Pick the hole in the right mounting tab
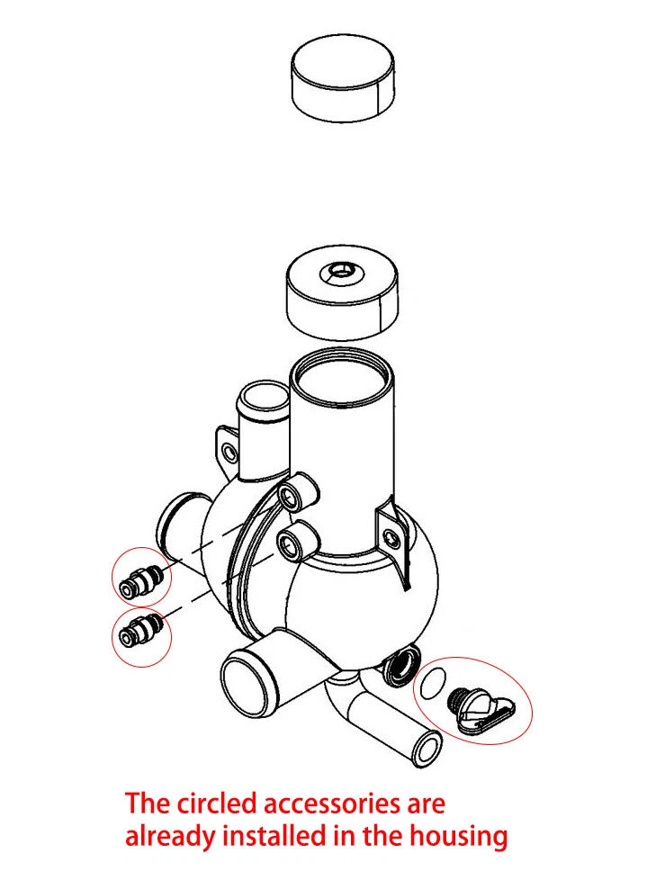point(391,538)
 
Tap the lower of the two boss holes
point(289,543)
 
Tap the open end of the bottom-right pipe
point(427,746)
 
